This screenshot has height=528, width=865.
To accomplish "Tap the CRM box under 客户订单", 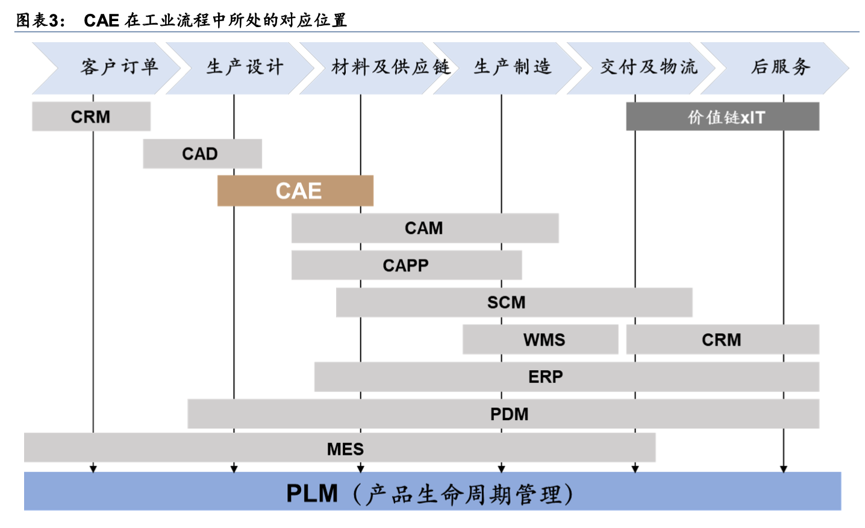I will click(91, 117).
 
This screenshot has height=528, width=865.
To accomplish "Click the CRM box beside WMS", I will click(722, 340).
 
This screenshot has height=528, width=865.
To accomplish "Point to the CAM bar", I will click(424, 228).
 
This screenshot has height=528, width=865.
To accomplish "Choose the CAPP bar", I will click(406, 266).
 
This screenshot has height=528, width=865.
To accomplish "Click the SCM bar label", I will click(506, 303).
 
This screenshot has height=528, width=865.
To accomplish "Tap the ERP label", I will click(545, 377).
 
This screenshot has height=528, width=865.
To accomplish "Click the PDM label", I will click(509, 414).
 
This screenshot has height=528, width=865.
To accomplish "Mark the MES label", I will click(345, 449).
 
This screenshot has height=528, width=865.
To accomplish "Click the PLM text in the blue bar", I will click(312, 494).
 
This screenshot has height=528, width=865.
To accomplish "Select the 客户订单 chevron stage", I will click(119, 67).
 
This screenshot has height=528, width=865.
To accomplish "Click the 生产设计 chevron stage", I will click(245, 67).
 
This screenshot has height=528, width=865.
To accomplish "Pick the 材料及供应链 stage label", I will click(390, 67).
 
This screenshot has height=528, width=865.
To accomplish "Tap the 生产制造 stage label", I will click(513, 67).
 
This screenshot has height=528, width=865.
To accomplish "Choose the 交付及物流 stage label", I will click(649, 67).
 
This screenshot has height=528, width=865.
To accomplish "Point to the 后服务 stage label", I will click(781, 67).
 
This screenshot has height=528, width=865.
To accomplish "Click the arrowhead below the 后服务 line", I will click(784, 468).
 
